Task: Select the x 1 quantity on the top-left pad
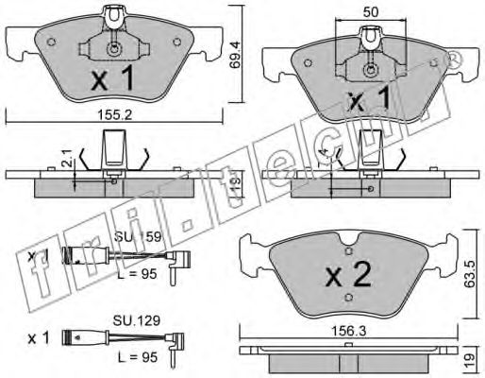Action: [111, 82]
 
